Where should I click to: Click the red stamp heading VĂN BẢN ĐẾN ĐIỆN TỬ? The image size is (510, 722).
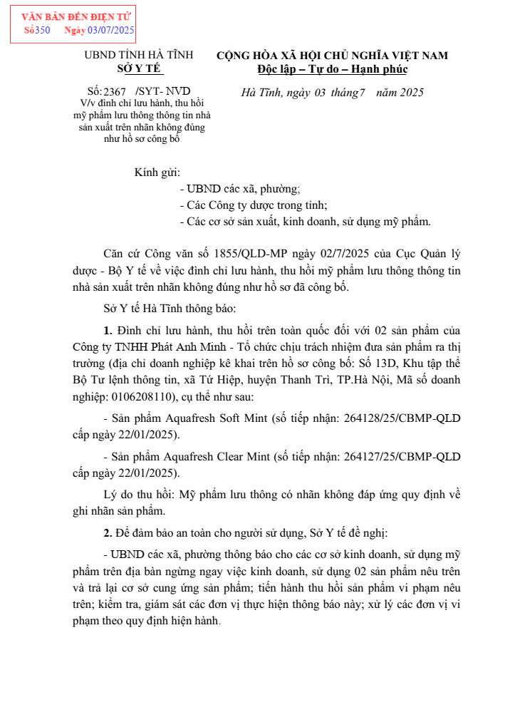(x=72, y=16)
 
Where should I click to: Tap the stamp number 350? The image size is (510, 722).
(x=42, y=30)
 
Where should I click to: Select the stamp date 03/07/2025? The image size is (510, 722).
(x=110, y=30)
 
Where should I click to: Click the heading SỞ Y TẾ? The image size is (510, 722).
(x=139, y=68)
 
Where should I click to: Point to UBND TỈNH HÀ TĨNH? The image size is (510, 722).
(x=139, y=55)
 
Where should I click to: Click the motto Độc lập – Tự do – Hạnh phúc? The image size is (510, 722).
(x=332, y=69)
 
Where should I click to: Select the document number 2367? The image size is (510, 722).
(x=115, y=92)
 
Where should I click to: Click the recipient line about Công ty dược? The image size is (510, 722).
(x=254, y=205)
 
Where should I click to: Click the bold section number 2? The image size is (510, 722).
(x=108, y=533)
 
